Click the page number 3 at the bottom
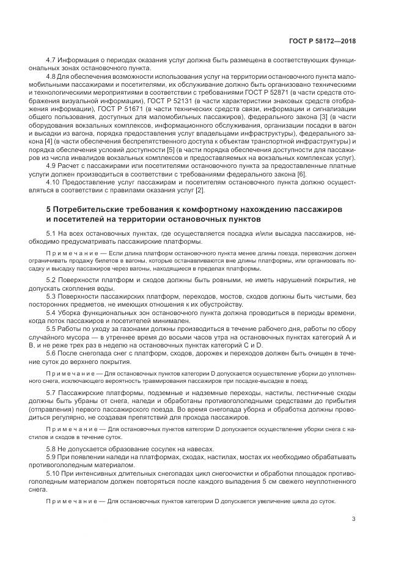pyautogui.click(x=354, y=520)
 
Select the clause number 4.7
pyautogui.click(x=51, y=62)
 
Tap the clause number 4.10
pyautogui.click(x=53, y=183)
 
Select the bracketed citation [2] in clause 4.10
pyautogui.click(x=199, y=191)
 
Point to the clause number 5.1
pyautogui.click(x=51, y=233)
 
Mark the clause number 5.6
pyautogui.click(x=51, y=352)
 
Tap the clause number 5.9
pyautogui.click(x=51, y=457)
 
